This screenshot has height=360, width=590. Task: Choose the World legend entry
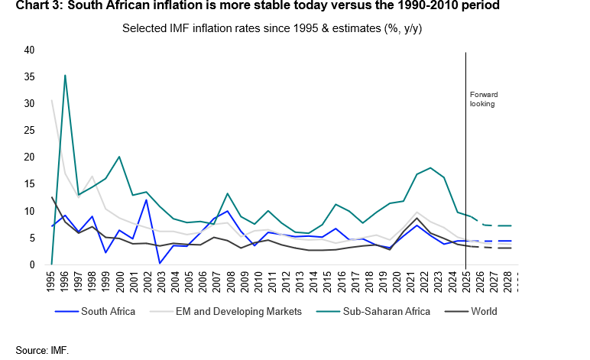click(485, 311)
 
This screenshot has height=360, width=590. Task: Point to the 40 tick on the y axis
click(30, 50)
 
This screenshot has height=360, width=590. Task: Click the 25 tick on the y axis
click(30, 131)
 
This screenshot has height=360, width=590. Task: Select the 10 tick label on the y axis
click(30, 211)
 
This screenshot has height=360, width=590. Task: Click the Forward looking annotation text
click(483, 99)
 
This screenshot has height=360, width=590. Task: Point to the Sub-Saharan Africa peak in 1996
click(65, 75)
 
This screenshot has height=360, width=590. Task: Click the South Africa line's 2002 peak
click(147, 199)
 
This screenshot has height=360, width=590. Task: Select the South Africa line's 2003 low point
click(160, 263)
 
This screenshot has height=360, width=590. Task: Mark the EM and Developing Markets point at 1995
click(52, 100)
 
